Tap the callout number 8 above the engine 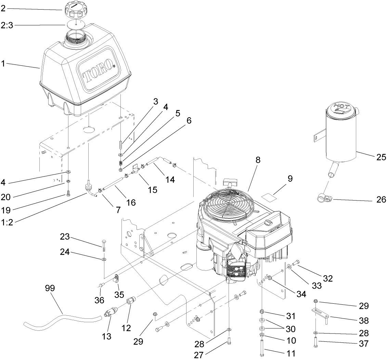[x=258, y=159]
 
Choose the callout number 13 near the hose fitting [x=107, y=337]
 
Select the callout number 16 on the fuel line [x=130, y=202]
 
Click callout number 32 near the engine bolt [x=328, y=278]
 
